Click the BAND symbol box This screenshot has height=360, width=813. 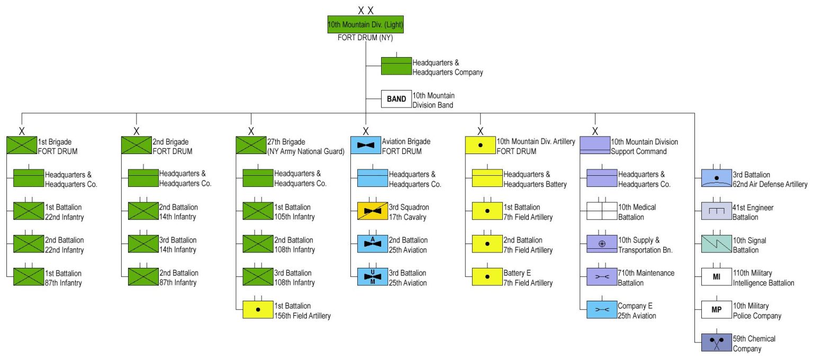[396, 99]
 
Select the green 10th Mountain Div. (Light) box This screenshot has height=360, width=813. [365, 24]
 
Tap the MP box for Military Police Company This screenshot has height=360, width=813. [717, 310]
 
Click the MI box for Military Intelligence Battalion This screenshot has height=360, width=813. [717, 277]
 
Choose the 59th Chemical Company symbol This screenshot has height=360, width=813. [717, 343]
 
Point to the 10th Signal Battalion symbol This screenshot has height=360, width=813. [717, 244]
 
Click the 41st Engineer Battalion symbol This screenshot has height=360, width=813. [717, 211]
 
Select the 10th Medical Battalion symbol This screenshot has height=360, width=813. [602, 211]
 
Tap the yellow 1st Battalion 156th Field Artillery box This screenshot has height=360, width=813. [258, 310]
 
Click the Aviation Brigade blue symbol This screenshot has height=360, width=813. [366, 146]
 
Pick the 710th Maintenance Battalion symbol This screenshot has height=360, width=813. [602, 277]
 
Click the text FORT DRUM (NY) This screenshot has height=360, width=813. [365, 38]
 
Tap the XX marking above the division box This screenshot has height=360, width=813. [365, 10]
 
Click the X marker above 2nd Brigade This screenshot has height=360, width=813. [137, 131]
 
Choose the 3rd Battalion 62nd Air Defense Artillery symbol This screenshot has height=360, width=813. [717, 178]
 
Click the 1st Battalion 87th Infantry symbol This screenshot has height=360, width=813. [28, 277]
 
